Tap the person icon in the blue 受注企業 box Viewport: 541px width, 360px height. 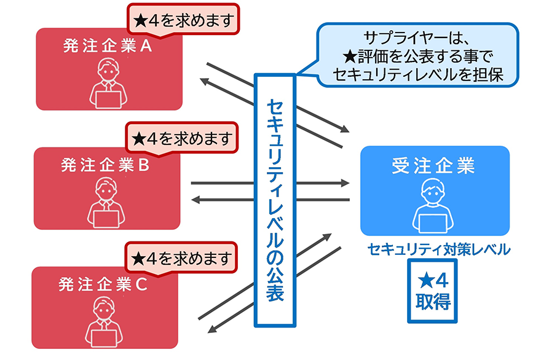[x=434, y=205]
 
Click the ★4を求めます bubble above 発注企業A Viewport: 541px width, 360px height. [x=182, y=20]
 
